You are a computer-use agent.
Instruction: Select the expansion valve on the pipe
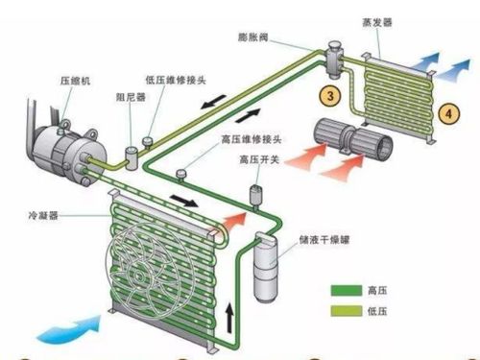336,57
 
